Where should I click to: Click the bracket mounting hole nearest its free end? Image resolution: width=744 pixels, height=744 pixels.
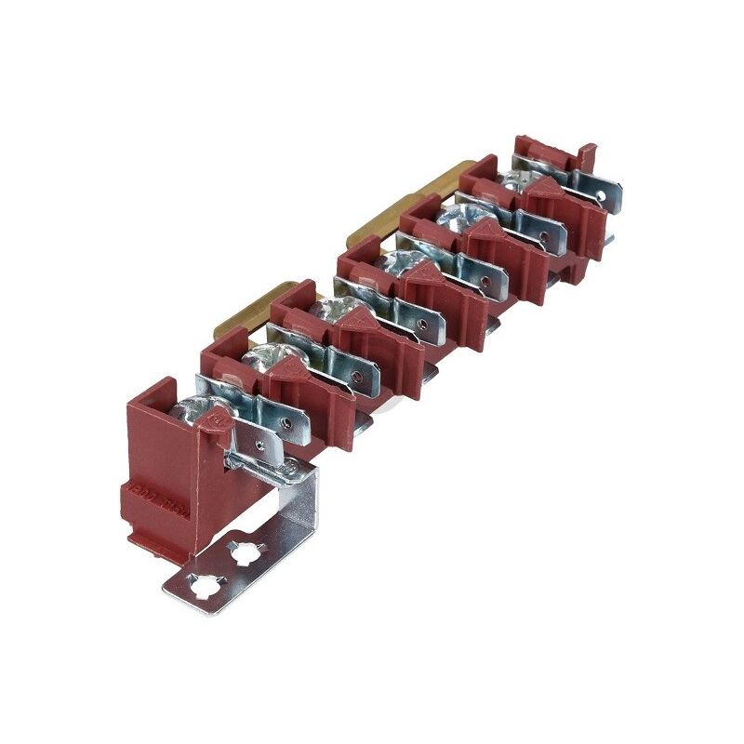point(201,586)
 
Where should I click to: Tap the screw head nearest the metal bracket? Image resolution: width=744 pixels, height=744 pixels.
point(198,409)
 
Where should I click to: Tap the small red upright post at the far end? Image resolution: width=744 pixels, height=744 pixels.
point(585,153)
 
